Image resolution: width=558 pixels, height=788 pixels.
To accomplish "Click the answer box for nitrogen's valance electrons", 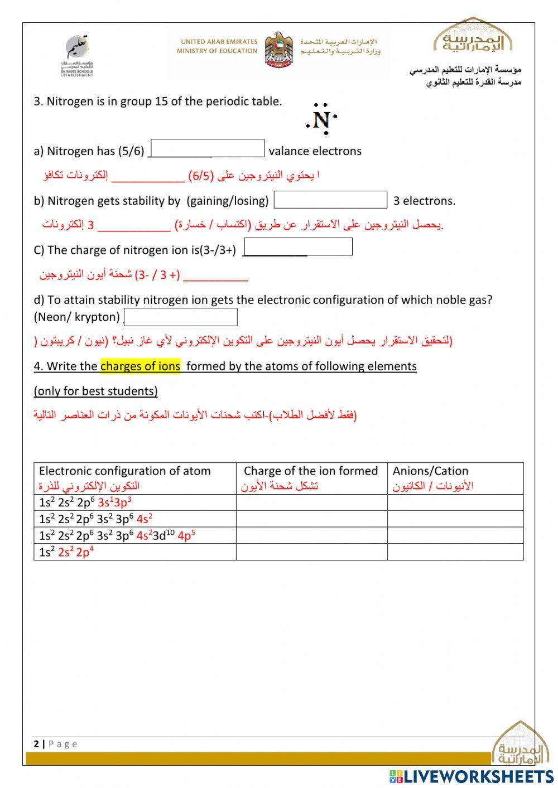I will (208, 148).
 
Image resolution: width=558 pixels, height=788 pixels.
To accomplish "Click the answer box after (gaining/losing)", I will (330, 200).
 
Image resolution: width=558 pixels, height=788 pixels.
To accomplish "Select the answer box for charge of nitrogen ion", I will (299, 246).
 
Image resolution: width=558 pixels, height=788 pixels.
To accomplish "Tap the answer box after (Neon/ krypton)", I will (181, 317).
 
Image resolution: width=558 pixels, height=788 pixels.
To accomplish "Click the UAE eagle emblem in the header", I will (278, 50).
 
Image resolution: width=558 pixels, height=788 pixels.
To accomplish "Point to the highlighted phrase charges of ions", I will (141, 366).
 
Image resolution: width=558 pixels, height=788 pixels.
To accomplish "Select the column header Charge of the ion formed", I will (311, 471).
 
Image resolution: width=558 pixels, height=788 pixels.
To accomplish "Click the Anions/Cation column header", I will (430, 471).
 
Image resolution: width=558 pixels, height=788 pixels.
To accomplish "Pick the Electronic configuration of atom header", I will (125, 471).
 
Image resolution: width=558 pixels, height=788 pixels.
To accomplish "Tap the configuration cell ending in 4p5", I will (117, 535).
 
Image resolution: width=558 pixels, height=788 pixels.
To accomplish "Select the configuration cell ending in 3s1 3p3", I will (85, 502).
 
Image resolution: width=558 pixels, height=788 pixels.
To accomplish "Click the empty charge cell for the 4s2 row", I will (311, 519).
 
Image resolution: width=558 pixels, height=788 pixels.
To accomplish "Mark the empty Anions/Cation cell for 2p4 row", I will (455, 552).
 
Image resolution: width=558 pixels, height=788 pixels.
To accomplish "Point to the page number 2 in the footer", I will (36, 744).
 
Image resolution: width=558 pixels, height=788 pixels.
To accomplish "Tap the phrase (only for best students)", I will (95, 391).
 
